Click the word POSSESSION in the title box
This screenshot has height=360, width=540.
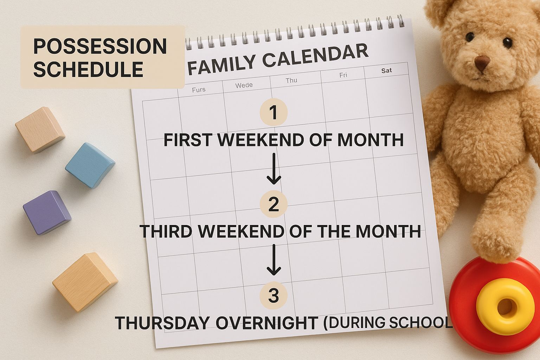coord(100,46)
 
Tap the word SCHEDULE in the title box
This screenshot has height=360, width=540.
coord(88,69)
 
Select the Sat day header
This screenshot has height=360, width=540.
coord(386,70)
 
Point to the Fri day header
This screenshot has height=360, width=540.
coord(343,75)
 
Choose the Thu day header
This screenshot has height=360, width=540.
coord(291,81)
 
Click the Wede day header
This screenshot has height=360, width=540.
coord(244,85)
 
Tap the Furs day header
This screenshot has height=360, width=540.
coord(199,90)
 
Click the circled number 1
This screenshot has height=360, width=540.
coord(274,113)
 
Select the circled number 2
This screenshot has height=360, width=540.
coord(274,204)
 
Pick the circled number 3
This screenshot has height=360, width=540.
coord(274,296)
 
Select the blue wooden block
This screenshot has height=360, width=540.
coord(90,164)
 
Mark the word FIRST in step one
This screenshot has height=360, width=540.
coord(187,140)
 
